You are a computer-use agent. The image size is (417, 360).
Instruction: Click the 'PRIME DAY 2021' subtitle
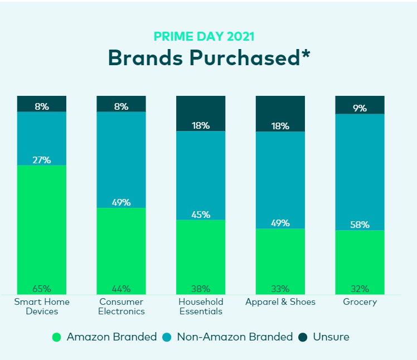pos(203,37)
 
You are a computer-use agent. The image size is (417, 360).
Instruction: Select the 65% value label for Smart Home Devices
pos(42,289)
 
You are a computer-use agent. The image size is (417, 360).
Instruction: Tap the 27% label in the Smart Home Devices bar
pos(42,160)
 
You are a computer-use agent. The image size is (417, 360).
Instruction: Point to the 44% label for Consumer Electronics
pos(121,289)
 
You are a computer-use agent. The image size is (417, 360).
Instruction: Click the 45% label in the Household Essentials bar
pos(201,215)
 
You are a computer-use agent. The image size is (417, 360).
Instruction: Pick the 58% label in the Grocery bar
pos(360,225)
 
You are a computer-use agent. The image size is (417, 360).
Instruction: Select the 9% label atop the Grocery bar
pos(360,108)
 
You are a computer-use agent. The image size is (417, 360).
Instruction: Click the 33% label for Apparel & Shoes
pos(280,289)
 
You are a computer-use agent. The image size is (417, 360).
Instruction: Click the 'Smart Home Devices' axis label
pos(42,307)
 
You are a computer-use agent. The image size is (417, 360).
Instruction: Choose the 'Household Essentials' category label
pos(201,307)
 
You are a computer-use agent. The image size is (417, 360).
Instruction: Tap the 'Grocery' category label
pos(360,302)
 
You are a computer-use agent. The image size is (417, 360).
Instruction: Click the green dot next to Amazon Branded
pos(56,337)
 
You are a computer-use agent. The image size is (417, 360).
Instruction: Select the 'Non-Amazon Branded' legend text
pos(234,337)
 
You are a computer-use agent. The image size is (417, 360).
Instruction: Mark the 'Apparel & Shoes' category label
pos(280,302)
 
